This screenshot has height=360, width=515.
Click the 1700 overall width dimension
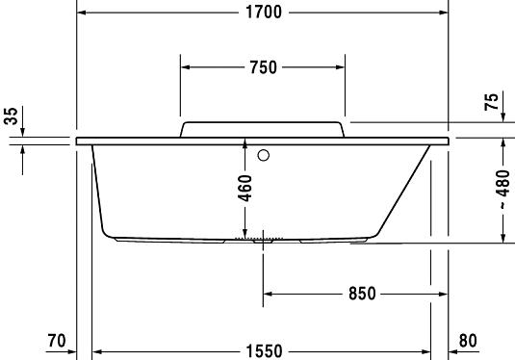pyautogui.click(x=262, y=13)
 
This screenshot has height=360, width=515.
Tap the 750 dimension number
pyautogui.click(x=262, y=67)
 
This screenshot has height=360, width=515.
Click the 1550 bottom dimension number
pyautogui.click(x=263, y=352)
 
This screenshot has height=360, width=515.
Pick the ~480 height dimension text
pyautogui.click(x=502, y=189)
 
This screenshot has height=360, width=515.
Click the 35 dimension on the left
pyautogui.click(x=11, y=118)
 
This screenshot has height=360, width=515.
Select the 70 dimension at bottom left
pyautogui.click(x=56, y=340)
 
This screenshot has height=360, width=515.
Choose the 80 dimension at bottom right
pyautogui.click(x=468, y=340)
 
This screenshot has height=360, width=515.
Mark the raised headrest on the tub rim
pyautogui.click(x=263, y=129)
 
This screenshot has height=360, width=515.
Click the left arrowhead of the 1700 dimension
pyautogui.click(x=81, y=13)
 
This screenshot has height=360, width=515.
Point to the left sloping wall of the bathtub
pyautogui.click(x=97, y=193)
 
